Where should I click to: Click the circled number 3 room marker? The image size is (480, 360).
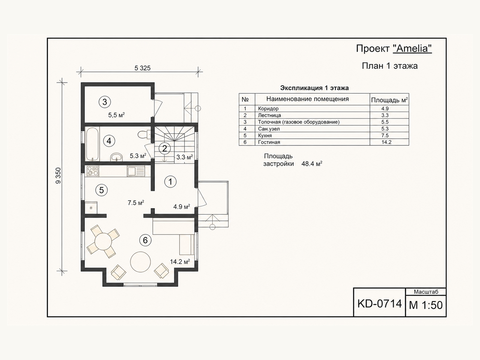coord(104,102)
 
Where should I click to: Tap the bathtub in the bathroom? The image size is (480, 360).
coord(93,144)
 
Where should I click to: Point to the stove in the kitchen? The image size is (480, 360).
coord(93,171)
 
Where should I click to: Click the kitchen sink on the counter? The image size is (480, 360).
coord(136,171)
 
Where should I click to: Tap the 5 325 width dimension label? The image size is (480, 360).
coord(142,68)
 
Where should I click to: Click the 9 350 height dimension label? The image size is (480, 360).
coord(58,175)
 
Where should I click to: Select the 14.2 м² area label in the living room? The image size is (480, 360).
coord(180,261)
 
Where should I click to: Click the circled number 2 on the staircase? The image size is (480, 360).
coord(164,148)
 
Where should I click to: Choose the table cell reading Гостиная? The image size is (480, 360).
coord(269,142)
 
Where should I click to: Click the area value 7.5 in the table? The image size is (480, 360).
coord(385,135)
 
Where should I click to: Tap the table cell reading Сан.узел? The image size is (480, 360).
coord(269,129)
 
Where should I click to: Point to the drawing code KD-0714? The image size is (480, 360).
coord(379,304)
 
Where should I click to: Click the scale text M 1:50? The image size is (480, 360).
coord(426,305)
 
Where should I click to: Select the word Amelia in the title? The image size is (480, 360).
coord(412,48)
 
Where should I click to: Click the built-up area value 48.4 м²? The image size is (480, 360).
coord(312,164)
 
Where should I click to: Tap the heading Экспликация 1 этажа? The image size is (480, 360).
coord(314,88)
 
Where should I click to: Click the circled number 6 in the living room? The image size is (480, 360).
coord(145,240)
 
